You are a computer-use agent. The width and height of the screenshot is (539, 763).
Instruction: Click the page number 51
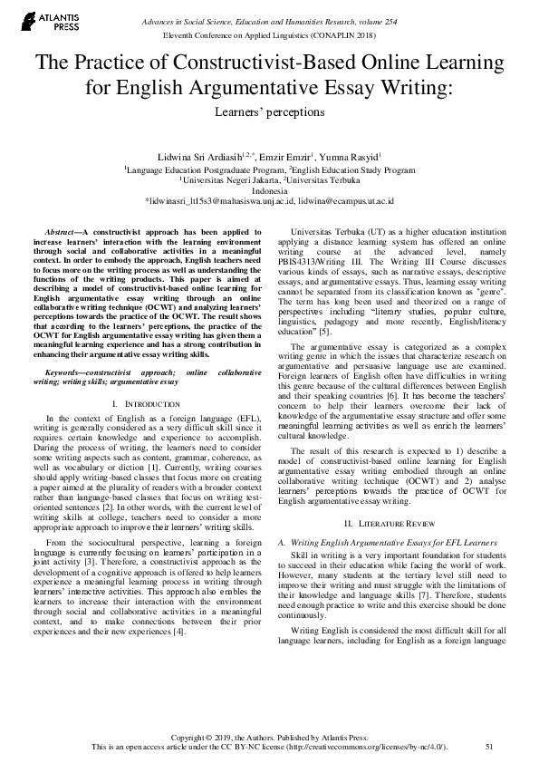(x=489, y=746)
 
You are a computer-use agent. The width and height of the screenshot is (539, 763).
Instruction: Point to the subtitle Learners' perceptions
(x=268, y=113)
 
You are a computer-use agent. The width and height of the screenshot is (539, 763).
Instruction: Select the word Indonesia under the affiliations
(x=269, y=190)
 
